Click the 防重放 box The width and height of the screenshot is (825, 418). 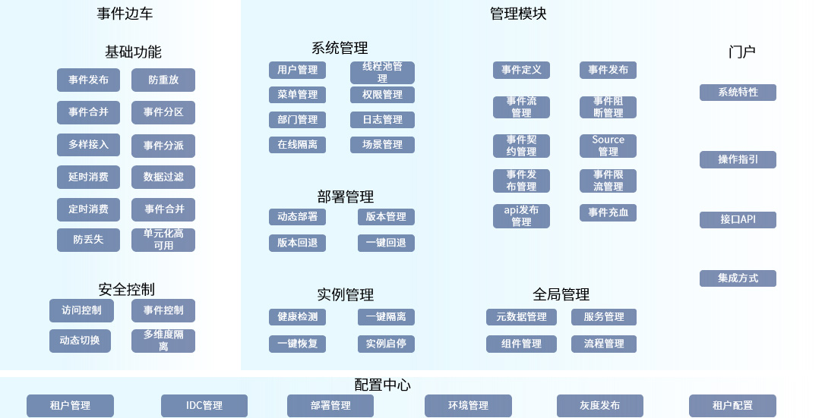point(163,80)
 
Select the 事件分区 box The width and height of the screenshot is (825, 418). point(163,112)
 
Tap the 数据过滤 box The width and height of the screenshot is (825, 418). point(163,177)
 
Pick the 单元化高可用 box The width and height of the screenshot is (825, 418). point(163,240)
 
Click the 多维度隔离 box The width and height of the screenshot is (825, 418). point(163,341)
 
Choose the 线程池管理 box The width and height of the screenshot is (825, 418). point(382,73)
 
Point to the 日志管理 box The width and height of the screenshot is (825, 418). point(382,120)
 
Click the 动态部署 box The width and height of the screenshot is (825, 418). point(297,217)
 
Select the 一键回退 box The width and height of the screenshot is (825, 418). point(386,244)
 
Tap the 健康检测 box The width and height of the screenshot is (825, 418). point(297,317)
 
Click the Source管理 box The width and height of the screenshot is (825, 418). point(608,146)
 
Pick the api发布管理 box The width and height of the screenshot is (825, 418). point(521,216)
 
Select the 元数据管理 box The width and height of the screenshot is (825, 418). point(521,317)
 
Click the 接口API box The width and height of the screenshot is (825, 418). point(738,220)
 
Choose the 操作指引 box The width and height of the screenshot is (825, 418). point(738,159)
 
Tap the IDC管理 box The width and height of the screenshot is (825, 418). point(204,406)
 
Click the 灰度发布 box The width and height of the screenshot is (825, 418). point(599,406)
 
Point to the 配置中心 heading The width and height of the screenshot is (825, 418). point(383,385)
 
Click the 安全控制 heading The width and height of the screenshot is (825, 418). point(126,289)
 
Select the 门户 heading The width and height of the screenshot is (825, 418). point(741,52)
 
